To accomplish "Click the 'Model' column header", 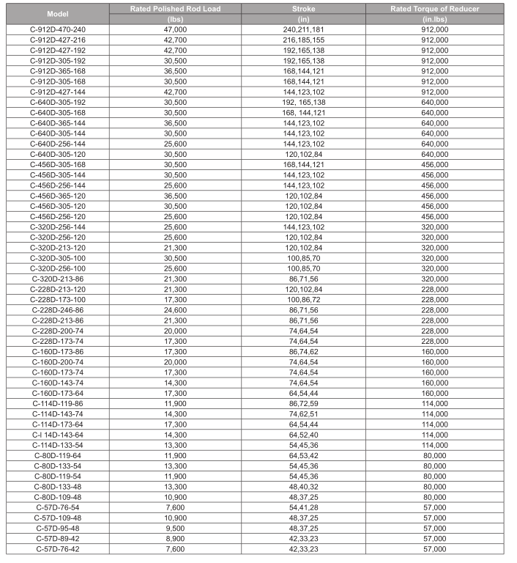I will coord(58,14).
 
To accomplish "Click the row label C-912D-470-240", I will coord(58,29).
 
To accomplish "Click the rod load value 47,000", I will coord(175,29).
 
